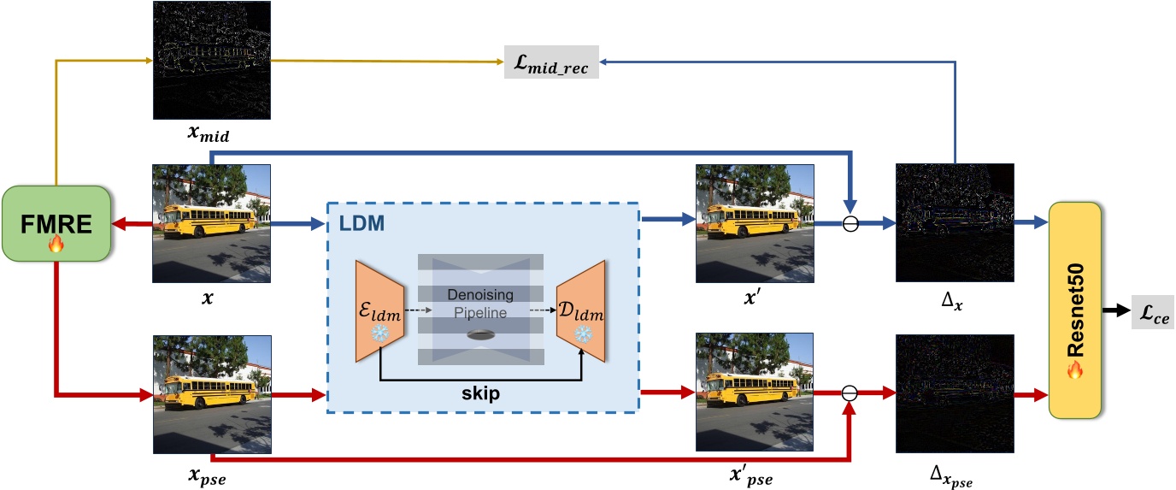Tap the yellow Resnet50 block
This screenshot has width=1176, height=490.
1076,310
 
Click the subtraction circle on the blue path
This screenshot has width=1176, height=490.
848,225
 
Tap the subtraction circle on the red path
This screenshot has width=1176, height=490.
848,393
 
